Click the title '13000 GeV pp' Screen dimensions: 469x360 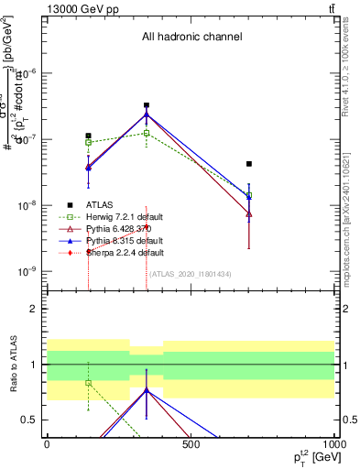point(78,8)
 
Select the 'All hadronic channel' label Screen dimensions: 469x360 point(191,38)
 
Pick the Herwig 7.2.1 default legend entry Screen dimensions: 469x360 point(118,216)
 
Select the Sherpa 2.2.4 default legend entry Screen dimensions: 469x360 point(118,252)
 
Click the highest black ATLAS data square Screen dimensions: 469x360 point(147,105)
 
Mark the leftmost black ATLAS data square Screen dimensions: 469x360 point(89,136)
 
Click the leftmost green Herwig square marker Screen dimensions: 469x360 point(89,142)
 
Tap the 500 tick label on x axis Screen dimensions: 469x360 point(191,444)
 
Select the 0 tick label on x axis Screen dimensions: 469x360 point(47,444)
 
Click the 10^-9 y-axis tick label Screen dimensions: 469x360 point(30,272)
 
